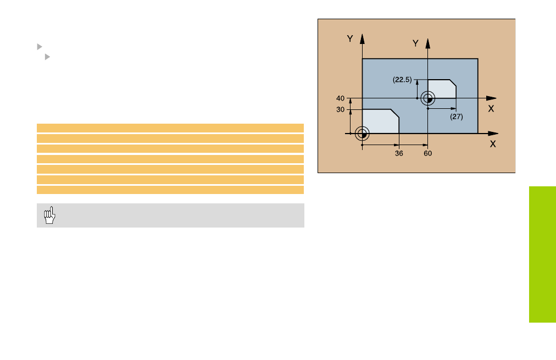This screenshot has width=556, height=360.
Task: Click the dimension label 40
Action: point(340,98)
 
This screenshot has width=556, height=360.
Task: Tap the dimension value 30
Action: point(340,109)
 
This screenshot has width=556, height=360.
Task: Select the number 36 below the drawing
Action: point(399,153)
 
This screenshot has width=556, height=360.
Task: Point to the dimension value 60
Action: point(427,153)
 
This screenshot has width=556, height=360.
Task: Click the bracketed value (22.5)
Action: point(402,80)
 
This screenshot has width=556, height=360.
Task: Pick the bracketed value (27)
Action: point(457,117)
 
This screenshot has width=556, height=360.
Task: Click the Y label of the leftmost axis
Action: point(350,38)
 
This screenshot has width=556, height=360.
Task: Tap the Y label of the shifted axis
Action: point(415,43)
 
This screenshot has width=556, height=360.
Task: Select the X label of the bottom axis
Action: point(493,144)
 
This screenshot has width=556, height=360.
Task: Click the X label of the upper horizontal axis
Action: point(491,108)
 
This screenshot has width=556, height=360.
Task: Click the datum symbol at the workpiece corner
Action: point(362,134)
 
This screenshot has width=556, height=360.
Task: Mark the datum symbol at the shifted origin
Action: point(427,98)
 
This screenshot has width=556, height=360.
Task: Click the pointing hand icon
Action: point(49,215)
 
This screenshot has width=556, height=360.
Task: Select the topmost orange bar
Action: point(170,128)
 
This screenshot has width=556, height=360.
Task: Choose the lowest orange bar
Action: point(170,190)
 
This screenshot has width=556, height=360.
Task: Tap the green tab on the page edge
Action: point(542,254)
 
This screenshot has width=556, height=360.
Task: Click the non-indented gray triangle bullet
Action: point(40,47)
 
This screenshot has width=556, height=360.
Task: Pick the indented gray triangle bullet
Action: point(47,57)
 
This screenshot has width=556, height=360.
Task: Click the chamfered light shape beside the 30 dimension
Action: point(380,121)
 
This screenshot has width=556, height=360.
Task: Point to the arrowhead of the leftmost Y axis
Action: point(362,38)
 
